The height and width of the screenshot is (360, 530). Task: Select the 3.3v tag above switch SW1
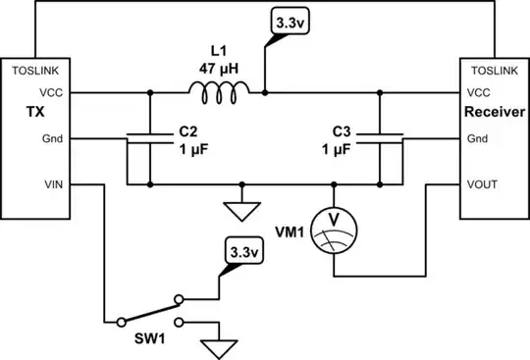(x=240, y=251)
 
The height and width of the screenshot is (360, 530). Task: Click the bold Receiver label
(x=493, y=114)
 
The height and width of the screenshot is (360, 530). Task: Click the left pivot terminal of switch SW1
(x=119, y=320)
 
